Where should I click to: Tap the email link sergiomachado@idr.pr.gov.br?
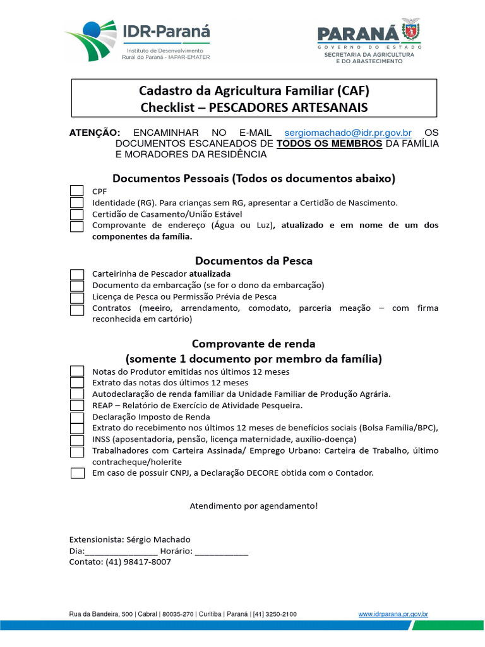(x=348, y=133)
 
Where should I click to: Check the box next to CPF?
(x=76, y=191)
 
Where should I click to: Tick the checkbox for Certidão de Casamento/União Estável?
(x=76, y=214)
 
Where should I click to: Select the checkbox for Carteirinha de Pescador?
(x=76, y=274)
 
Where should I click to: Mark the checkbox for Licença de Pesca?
(x=76, y=298)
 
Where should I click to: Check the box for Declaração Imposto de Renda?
(x=76, y=418)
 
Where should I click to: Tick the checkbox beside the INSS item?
(x=76, y=440)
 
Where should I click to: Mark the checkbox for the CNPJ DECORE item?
(x=76, y=473)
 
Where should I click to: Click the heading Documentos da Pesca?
(x=253, y=260)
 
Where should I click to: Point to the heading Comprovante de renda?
(x=253, y=344)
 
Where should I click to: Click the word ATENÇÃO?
(x=94, y=133)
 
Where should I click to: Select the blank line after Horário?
(x=222, y=551)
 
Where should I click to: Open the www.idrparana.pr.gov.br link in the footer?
(x=393, y=614)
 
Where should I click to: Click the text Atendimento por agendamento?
(x=254, y=506)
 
